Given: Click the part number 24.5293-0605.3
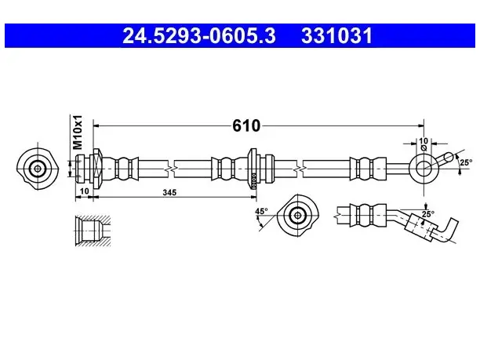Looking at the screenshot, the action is point(199,36).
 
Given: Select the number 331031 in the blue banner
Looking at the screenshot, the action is point(336,36).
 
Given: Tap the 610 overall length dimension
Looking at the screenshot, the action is point(246,125).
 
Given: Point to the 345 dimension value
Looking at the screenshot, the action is point(169,192).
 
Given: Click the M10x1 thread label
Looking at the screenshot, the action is point(78,133).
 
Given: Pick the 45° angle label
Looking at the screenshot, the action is point(261,211).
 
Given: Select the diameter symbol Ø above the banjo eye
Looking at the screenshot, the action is point(424,148).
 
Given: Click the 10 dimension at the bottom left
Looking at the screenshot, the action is point(84,191).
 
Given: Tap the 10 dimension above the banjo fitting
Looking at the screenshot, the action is point(424,141).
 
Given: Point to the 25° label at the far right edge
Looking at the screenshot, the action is point(466,162).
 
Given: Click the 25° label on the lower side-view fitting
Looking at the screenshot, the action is point(428,214).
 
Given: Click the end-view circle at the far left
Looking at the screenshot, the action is point(38,169).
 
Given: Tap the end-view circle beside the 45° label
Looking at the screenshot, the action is point(297,216).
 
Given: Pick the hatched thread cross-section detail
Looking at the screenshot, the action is point(93,231).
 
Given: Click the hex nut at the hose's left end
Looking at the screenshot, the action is point(97,169).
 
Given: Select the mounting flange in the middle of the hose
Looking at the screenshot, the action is point(253,169).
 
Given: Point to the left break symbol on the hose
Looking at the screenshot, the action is point(171,169).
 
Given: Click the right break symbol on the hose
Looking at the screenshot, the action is point(300,169).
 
